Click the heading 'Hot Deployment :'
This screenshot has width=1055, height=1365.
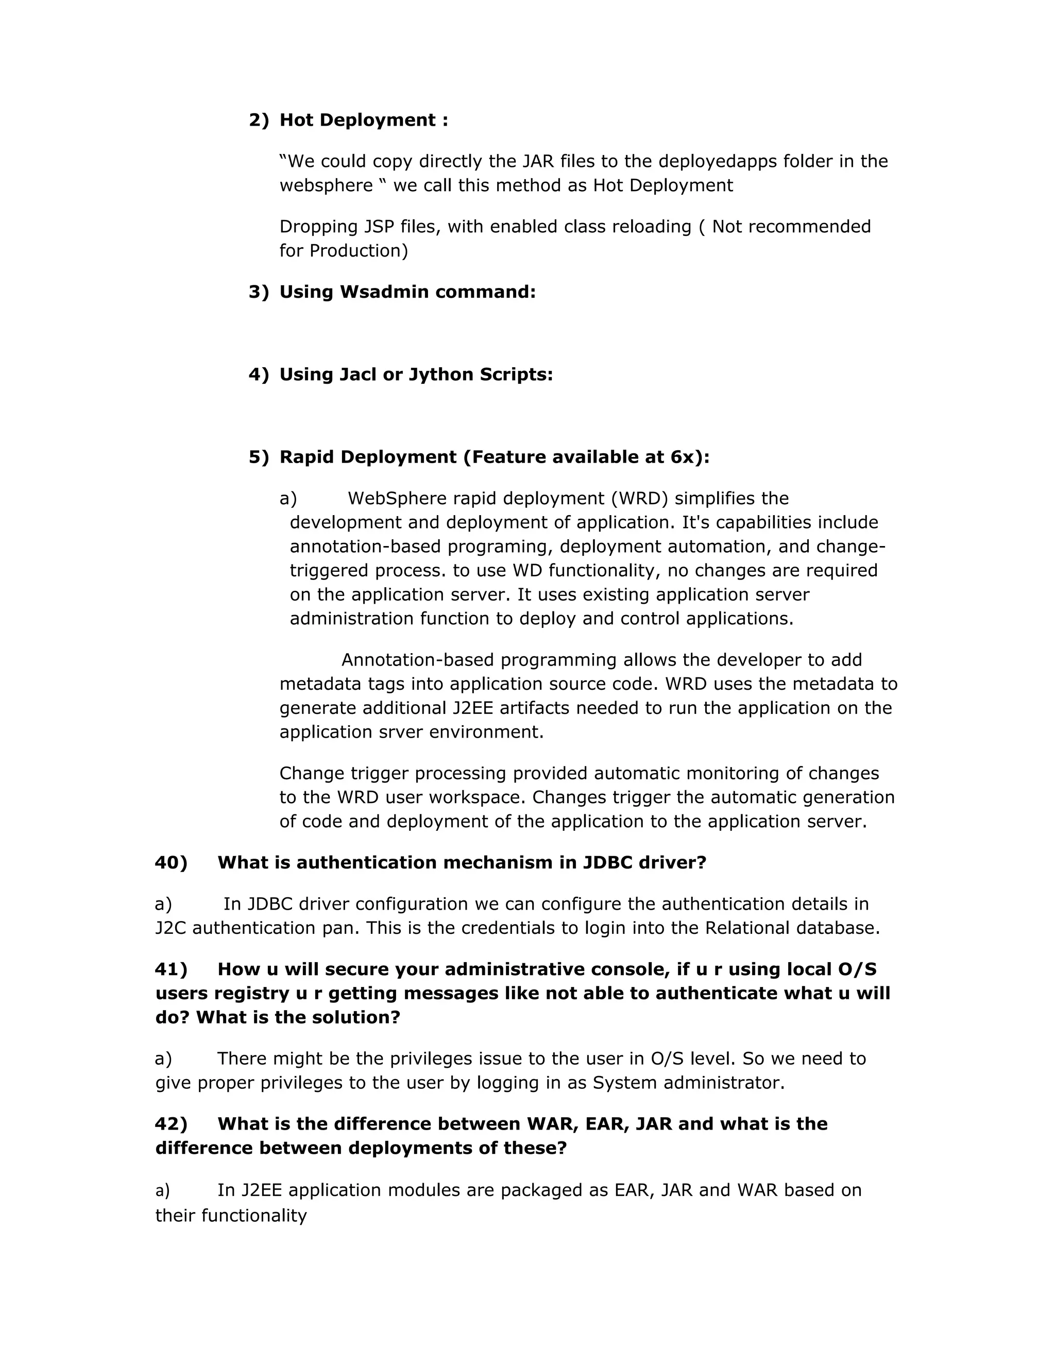coord(363,120)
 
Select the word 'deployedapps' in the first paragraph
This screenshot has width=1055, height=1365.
coord(714,161)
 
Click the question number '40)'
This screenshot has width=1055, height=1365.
coord(171,862)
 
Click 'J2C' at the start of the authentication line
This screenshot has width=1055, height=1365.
coord(170,928)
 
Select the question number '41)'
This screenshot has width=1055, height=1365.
coord(171,969)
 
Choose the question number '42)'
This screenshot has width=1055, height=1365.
coord(171,1124)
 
